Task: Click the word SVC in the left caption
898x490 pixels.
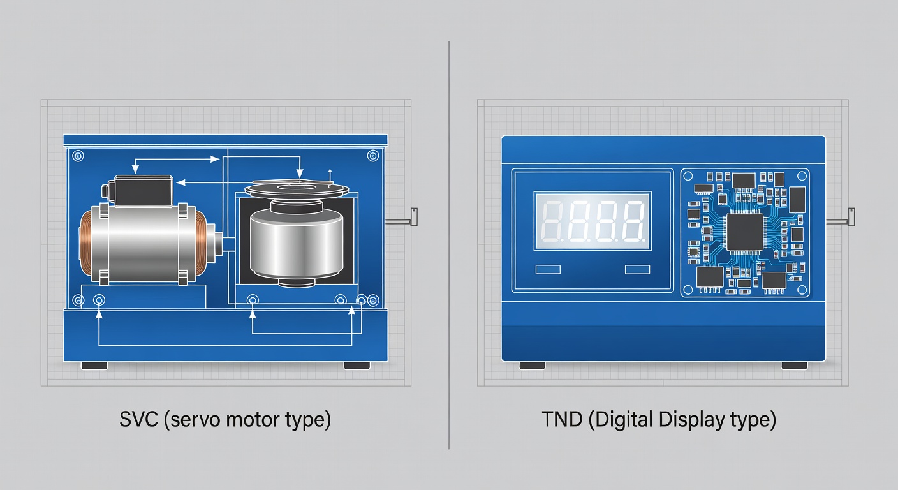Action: tap(138, 419)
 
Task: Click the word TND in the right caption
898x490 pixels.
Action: tap(562, 419)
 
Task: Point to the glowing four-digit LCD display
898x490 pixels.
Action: tap(593, 221)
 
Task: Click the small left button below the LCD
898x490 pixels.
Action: tap(548, 269)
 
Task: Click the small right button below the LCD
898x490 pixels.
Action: tap(637, 269)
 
